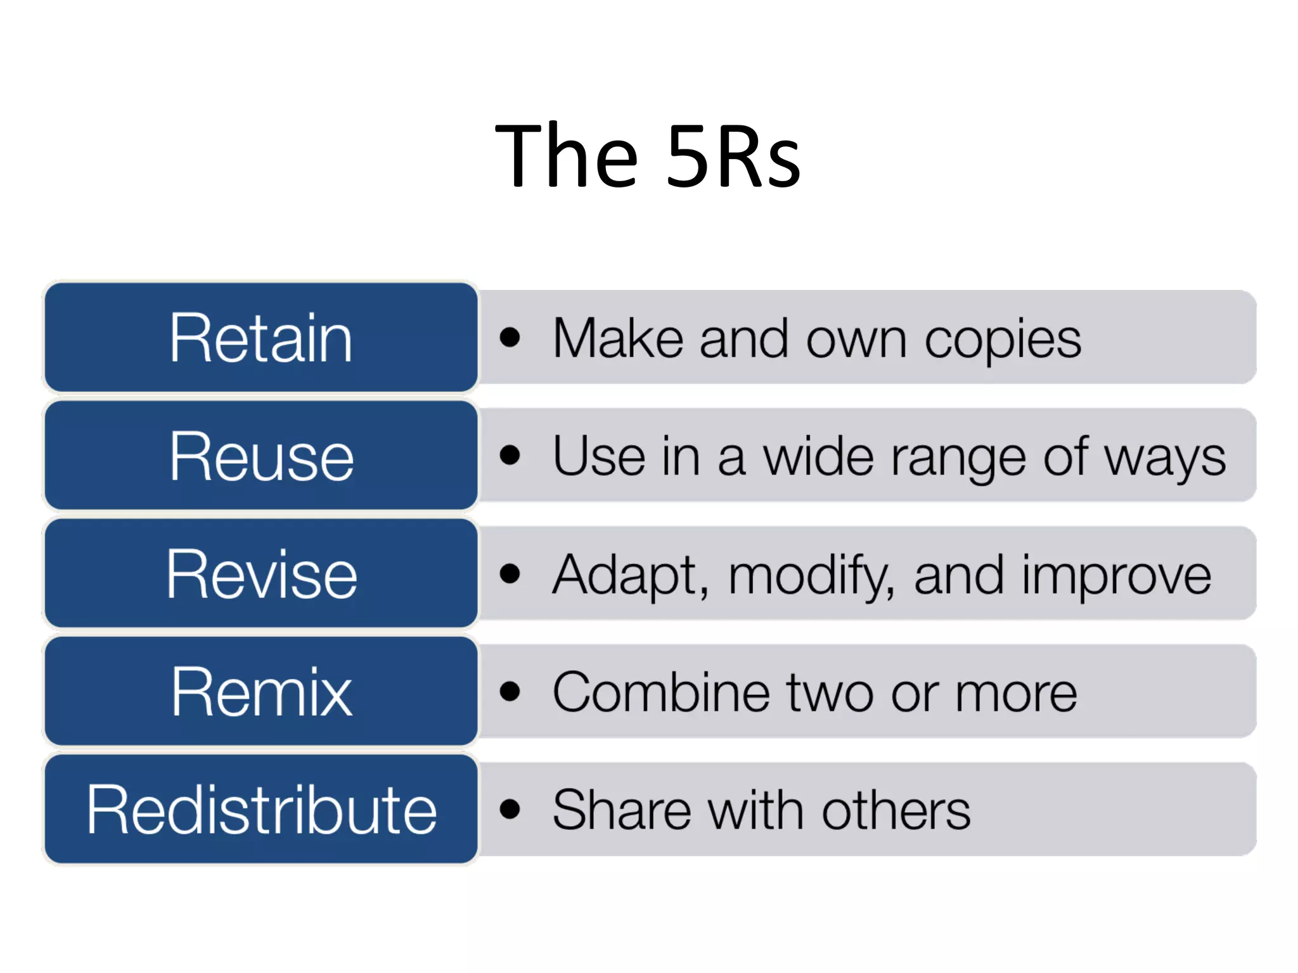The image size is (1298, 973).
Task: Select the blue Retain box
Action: tap(260, 337)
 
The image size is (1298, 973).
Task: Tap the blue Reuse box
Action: tap(260, 455)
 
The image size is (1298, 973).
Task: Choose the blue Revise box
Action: tap(260, 573)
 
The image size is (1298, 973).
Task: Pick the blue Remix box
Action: tap(260, 691)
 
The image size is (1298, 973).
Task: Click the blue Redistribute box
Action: tap(260, 809)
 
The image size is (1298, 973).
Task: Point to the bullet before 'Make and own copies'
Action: tap(510, 338)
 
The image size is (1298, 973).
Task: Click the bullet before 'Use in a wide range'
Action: tap(510, 455)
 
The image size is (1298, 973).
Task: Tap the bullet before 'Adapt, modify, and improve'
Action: tap(510, 573)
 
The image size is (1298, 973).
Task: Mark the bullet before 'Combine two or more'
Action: tap(510, 691)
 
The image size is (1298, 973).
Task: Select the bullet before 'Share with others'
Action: tap(510, 809)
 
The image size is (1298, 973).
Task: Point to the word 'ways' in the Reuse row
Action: tap(1165, 458)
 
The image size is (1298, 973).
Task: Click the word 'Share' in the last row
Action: tap(621, 810)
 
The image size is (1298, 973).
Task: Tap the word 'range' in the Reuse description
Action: tap(958, 458)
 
